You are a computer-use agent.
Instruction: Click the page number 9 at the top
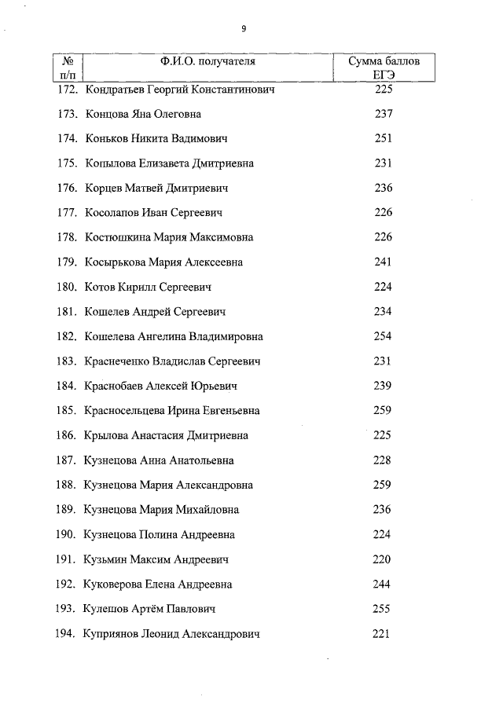244,28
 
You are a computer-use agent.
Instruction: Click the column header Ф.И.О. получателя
209,60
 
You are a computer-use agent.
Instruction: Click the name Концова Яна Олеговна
143,114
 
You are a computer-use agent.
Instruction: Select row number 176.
68,189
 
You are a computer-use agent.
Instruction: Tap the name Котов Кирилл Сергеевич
148,287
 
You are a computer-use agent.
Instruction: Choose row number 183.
68,361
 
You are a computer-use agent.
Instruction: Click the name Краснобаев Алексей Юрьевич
160,387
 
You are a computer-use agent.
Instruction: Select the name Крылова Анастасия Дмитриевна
166,435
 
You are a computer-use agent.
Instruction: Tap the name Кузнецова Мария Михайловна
161,510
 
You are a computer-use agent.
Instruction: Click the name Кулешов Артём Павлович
149,609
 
